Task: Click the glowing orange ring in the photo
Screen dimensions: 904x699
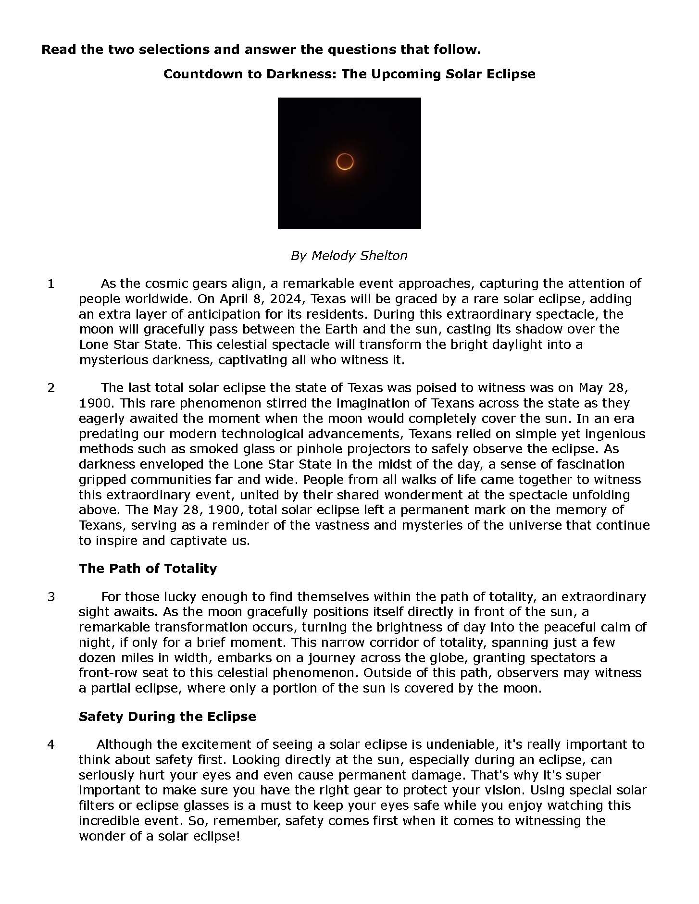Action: (345, 162)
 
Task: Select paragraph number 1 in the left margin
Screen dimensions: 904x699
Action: (51, 284)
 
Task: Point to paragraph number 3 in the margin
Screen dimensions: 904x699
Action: (51, 597)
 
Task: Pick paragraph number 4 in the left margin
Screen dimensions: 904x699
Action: (51, 745)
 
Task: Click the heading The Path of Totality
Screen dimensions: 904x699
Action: (148, 569)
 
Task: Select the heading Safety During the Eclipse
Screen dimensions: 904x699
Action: (167, 717)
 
